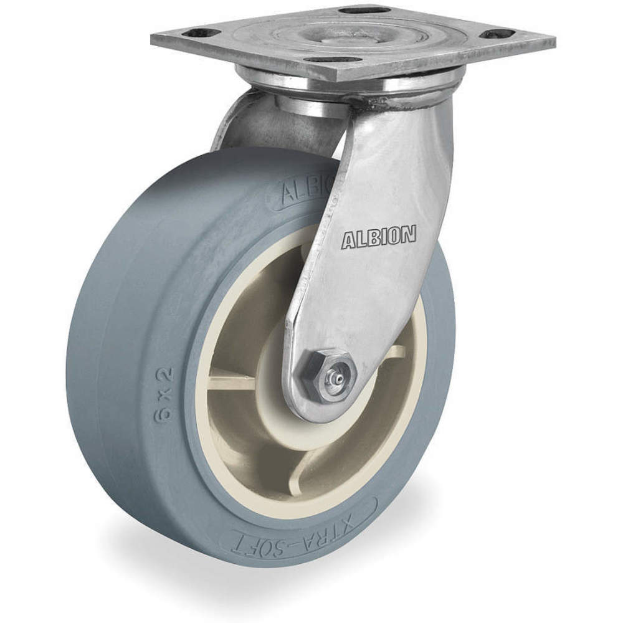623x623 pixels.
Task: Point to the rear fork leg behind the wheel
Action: (249, 125)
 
